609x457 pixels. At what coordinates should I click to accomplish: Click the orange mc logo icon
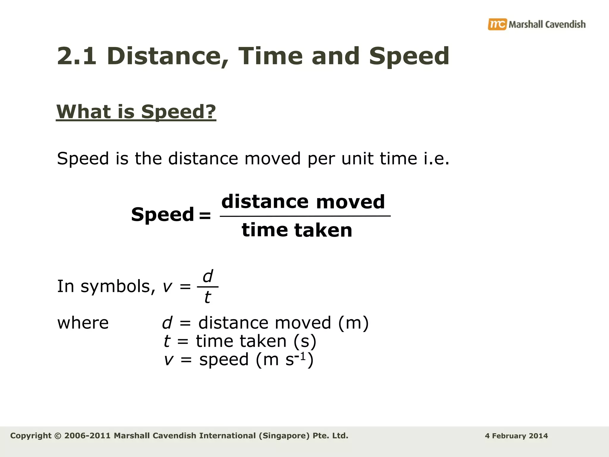click(497, 24)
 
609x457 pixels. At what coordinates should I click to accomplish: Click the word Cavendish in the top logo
click(566, 24)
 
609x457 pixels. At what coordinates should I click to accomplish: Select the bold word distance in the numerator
click(265, 202)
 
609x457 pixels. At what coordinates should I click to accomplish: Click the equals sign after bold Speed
click(205, 215)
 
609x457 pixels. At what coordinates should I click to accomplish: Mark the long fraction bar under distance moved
click(305, 216)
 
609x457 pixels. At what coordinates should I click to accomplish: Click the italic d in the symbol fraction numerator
click(208, 276)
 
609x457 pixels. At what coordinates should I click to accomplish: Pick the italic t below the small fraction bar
click(207, 297)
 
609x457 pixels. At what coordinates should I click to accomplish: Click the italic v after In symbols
click(167, 287)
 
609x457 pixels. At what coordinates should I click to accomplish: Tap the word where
click(83, 323)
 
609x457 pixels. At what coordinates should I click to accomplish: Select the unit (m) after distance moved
click(354, 323)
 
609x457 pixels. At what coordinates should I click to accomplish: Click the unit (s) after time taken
click(305, 341)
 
